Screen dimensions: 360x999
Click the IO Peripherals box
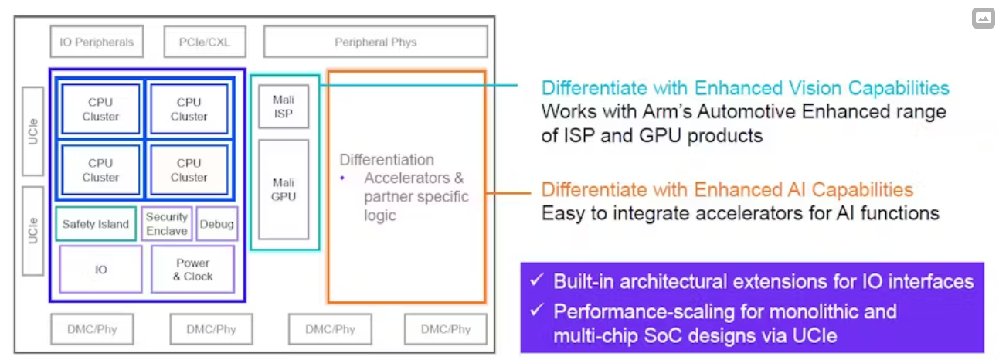pos(97,42)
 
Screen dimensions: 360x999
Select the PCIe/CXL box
pos(203,42)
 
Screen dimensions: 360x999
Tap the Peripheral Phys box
pos(375,42)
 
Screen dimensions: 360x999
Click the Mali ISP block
pos(284,107)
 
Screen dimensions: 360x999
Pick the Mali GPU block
pos(284,189)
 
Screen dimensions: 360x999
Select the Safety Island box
pos(96,224)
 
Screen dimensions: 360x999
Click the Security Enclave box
pos(166,224)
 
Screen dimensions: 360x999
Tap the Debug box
pos(216,224)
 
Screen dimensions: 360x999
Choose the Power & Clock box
pos(192,269)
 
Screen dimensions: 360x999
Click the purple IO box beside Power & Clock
pos(101,269)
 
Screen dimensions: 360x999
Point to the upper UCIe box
pos(33,131)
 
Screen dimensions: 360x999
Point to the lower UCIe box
pos(33,230)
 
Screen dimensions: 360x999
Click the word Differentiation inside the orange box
pos(386,160)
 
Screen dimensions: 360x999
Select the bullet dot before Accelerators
pos(343,178)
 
